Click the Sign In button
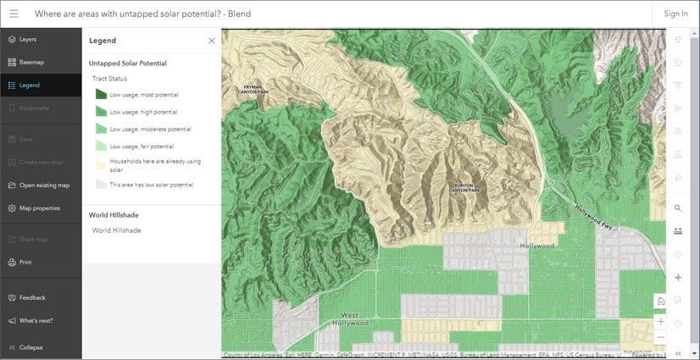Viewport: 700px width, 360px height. [675, 14]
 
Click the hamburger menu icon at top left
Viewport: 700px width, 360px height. [14, 14]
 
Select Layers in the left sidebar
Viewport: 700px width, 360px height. [28, 39]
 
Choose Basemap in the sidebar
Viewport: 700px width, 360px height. [31, 62]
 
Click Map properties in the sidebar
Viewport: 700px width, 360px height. [39, 208]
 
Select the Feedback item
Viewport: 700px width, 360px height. [32, 297]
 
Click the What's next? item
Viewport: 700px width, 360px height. [35, 320]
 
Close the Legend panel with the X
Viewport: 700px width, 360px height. [212, 40]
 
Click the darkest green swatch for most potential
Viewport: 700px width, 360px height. [100, 95]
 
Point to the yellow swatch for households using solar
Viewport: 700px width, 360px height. [100, 164]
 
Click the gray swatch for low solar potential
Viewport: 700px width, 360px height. [100, 184]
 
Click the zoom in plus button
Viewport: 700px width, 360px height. [661, 321]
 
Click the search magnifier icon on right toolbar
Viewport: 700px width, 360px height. [677, 208]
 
